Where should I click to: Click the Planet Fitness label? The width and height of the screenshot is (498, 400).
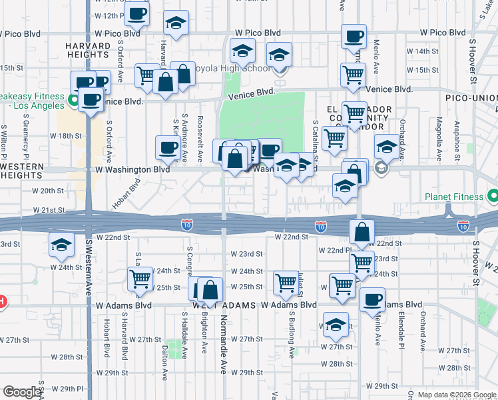coord(455,197)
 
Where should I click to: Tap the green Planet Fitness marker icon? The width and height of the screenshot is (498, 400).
coord(492,197)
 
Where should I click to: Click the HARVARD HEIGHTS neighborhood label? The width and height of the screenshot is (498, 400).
coord(87,50)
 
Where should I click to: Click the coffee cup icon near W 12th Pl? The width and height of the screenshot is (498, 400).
coord(137,13)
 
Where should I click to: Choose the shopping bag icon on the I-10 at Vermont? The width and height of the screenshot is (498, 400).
coord(362,233)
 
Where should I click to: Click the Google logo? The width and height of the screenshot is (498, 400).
coord(23,392)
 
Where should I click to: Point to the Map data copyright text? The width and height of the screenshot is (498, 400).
coord(457,395)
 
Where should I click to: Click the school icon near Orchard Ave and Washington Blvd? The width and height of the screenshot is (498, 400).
coord(387,146)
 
